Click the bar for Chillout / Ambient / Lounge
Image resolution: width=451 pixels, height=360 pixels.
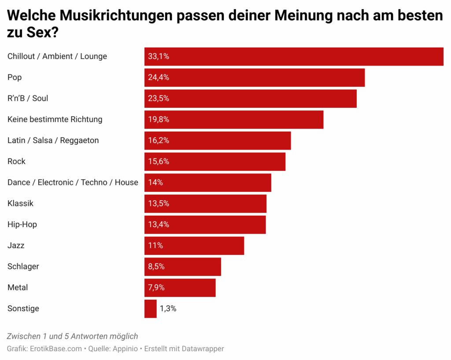point(294,56)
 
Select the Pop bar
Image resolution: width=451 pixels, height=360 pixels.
point(255,77)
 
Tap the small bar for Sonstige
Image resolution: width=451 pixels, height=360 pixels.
point(150,309)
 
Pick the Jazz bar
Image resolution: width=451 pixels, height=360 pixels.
point(194,246)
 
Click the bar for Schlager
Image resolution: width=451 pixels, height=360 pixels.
point(183,267)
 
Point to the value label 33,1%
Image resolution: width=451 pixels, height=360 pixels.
point(159,56)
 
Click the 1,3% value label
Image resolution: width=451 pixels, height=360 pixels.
point(168,309)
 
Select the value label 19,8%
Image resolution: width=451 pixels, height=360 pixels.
point(159,119)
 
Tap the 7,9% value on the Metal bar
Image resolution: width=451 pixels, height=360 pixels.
point(156,287)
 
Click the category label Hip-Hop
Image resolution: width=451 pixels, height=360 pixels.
point(22,224)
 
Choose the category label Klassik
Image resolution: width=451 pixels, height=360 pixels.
point(20,203)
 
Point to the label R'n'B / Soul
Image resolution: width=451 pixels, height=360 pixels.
point(28,98)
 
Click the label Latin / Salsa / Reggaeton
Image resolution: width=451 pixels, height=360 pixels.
point(53,140)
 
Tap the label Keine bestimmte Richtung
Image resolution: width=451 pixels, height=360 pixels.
point(55,119)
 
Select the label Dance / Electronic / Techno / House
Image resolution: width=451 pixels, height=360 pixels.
point(73,182)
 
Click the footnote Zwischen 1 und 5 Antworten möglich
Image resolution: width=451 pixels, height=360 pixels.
point(73,336)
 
